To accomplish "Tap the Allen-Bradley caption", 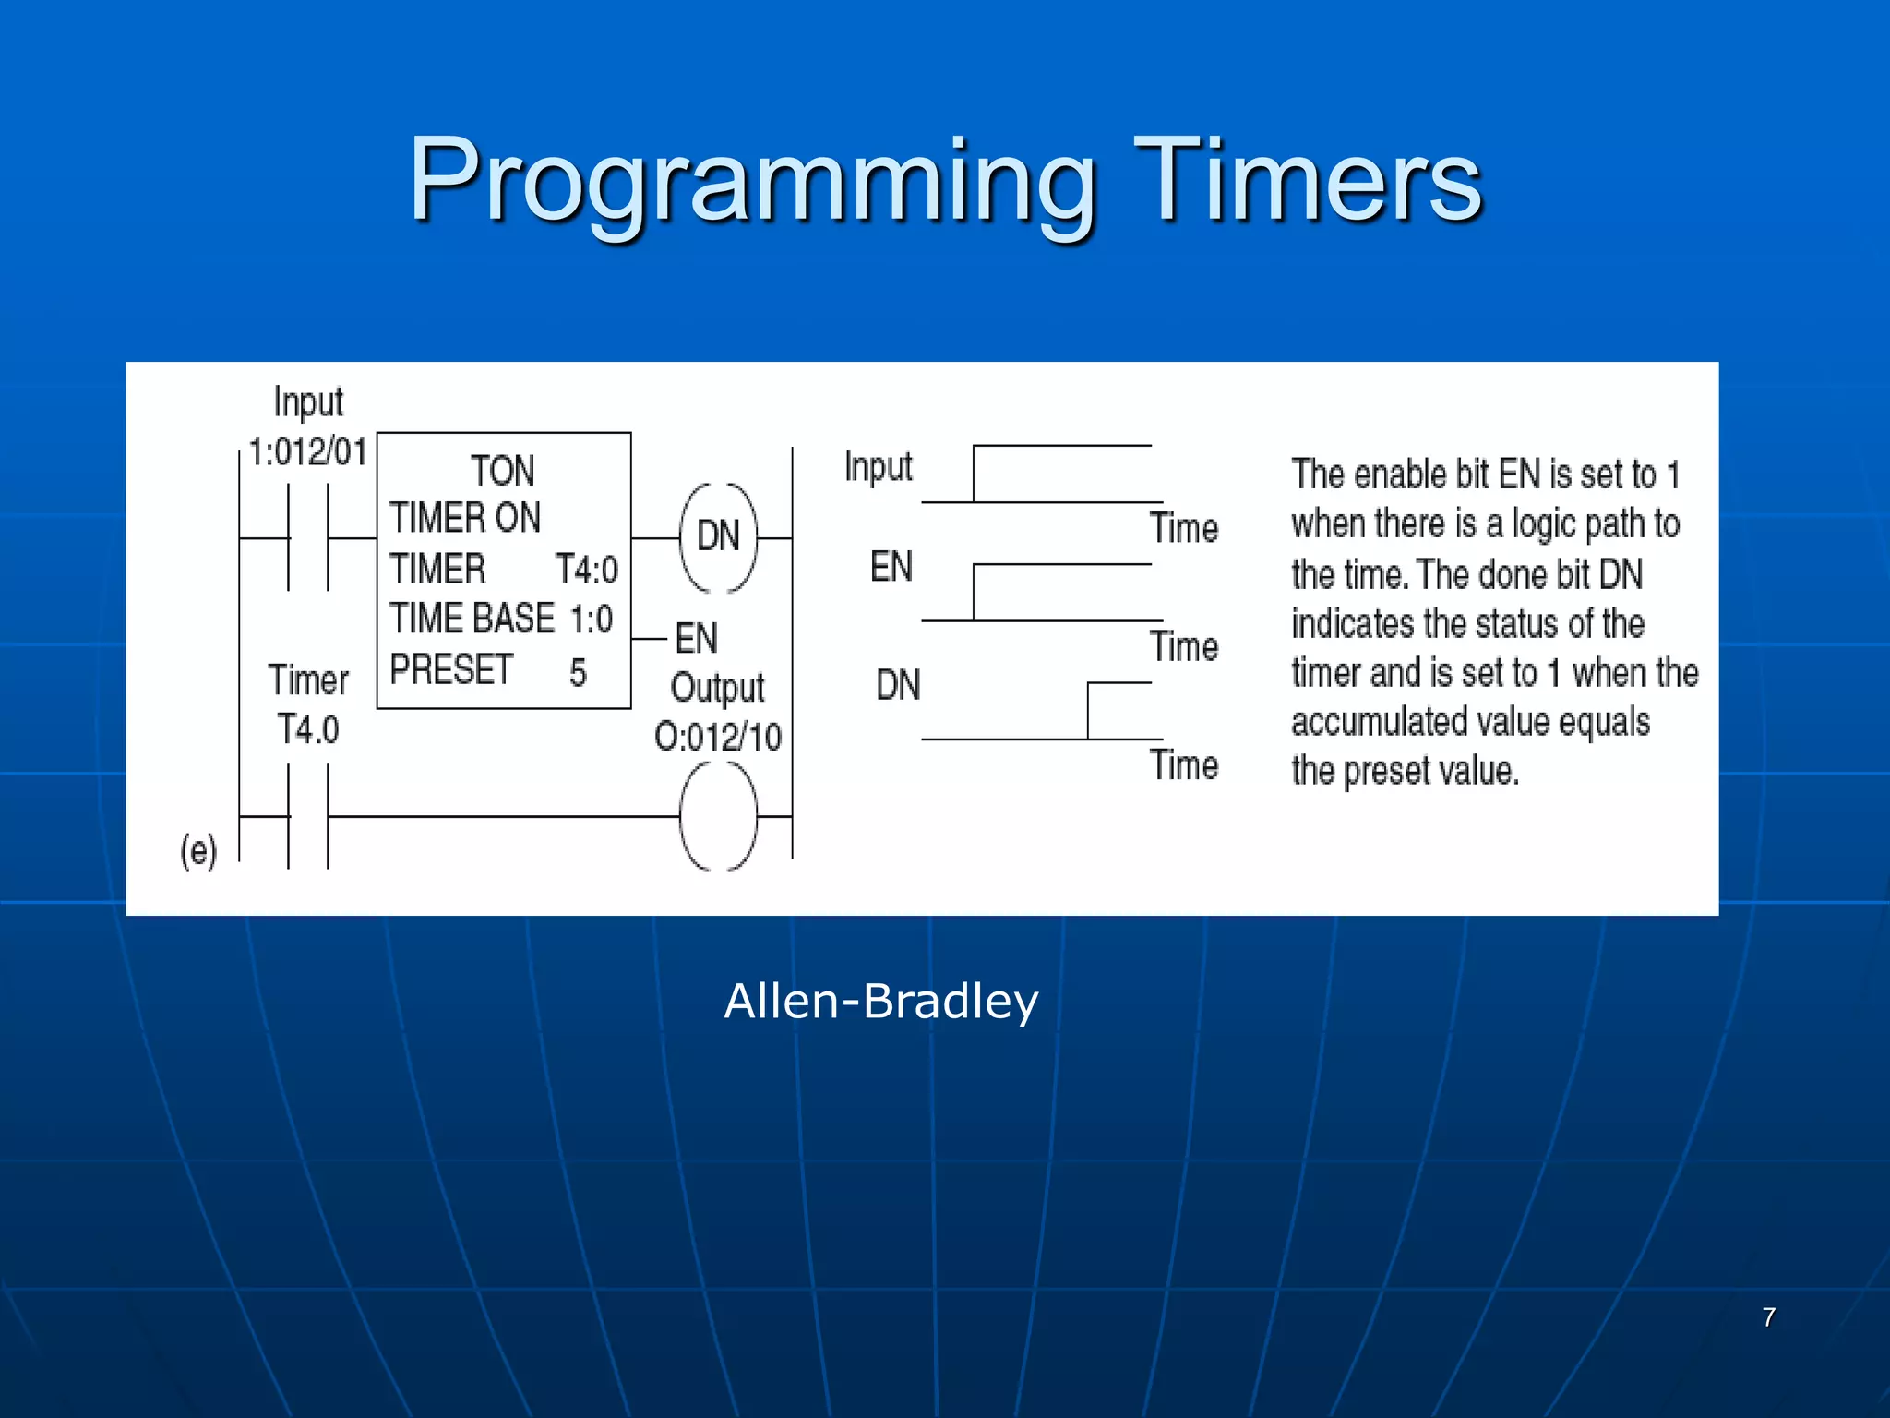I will point(881,1002).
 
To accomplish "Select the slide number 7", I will point(1768,1317).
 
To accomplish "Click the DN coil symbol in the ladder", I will point(718,536).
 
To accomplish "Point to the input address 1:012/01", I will point(308,452).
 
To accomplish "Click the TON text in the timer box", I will point(503,471).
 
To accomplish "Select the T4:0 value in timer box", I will point(587,570).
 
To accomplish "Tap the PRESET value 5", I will point(578,672).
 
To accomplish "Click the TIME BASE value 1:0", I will point(592,619).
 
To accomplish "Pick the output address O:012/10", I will point(718,738).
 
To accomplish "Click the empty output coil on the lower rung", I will point(718,817).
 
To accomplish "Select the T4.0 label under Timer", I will point(308,729).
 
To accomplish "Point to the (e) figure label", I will point(198,851).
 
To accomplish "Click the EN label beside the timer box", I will point(697,638).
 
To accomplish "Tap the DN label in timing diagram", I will point(898,685).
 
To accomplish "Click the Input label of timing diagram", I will point(878,467).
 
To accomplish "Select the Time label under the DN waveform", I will point(1184,765).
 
